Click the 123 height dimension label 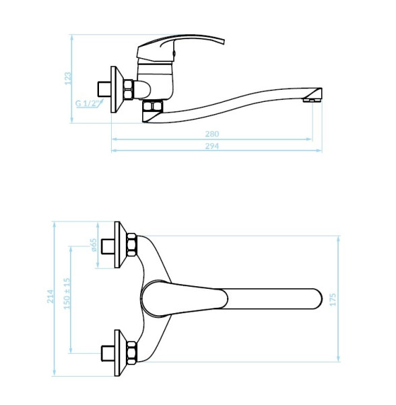click(x=68, y=78)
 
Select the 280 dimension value click(x=212, y=134)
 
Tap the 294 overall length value click(x=212, y=146)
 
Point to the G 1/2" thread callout click(x=88, y=103)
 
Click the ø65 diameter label click(x=94, y=245)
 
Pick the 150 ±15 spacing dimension click(x=67, y=294)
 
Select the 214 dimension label click(x=51, y=296)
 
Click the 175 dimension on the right click(x=333, y=300)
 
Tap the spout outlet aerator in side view click(x=312, y=100)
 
